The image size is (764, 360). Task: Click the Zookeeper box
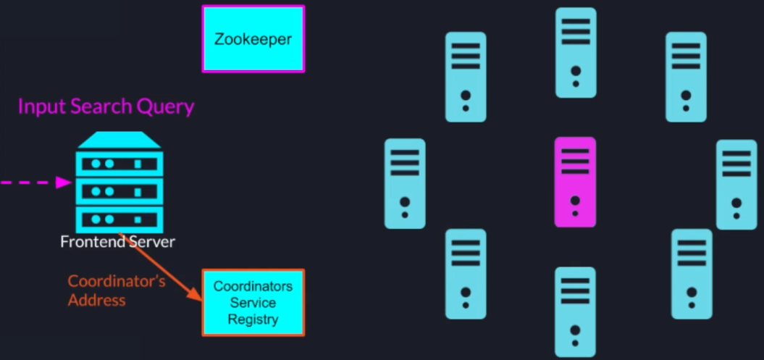pyautogui.click(x=253, y=39)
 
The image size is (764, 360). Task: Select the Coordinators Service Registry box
pyautogui.click(x=253, y=303)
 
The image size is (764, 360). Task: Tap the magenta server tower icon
pyautogui.click(x=575, y=181)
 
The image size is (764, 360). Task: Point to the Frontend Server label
pyautogui.click(x=117, y=242)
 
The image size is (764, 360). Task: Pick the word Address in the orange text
pyautogui.click(x=97, y=300)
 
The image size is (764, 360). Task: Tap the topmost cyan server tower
pyautogui.click(x=576, y=52)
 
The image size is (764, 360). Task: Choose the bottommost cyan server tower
pyautogui.click(x=575, y=311)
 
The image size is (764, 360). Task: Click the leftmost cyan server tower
pyautogui.click(x=405, y=183)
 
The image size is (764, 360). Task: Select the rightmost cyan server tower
pyautogui.click(x=736, y=185)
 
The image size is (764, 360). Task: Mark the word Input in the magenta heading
pyautogui.click(x=41, y=107)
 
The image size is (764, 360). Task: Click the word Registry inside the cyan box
pyautogui.click(x=253, y=319)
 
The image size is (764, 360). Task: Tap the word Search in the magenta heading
pyautogui.click(x=99, y=107)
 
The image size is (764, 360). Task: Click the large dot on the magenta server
pyautogui.click(x=575, y=201)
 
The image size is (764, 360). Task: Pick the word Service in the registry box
pyautogui.click(x=253, y=303)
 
